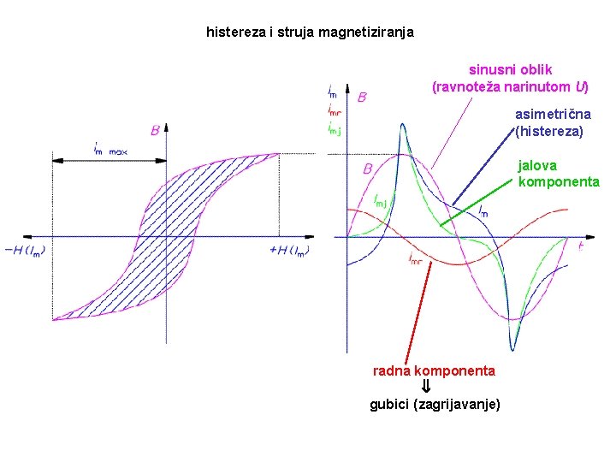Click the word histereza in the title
point(237,33)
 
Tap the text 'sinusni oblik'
point(510,70)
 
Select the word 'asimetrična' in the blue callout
point(553,115)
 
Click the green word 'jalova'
point(537,166)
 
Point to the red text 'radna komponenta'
point(434,371)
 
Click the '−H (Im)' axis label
point(26,251)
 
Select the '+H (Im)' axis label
point(289,251)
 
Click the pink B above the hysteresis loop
point(155,130)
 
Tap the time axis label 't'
point(581,246)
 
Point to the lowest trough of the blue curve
point(512,349)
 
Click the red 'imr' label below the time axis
point(415,257)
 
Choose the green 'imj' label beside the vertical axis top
point(334,130)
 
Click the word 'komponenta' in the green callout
point(559,182)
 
